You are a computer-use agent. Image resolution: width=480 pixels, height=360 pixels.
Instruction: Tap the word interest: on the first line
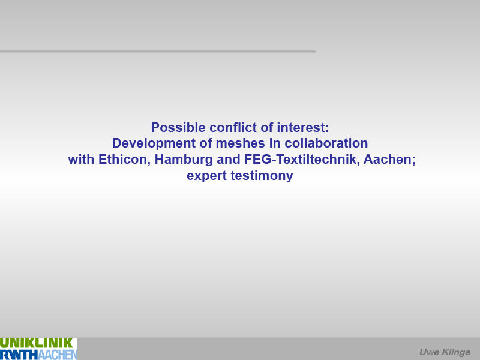tap(303, 127)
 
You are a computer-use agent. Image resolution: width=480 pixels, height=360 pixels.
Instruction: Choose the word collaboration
tap(326, 143)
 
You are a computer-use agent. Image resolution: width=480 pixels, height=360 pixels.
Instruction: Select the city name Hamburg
tap(184, 160)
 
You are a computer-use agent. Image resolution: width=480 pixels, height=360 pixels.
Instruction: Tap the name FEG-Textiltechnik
tap(302, 160)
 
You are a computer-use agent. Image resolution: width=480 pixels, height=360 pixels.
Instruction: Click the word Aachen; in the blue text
tap(389, 160)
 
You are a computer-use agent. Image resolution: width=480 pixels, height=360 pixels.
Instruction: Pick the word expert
tap(206, 176)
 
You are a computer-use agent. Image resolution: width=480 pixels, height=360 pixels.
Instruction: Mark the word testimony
tap(262, 176)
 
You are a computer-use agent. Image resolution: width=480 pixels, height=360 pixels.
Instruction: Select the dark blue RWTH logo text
tap(19, 355)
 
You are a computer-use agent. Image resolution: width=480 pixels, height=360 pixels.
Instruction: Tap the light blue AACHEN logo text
tap(58, 355)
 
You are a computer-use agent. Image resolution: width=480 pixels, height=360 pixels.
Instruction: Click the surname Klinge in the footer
tap(455, 352)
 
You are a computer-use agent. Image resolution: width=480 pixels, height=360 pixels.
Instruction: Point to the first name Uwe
tap(428, 352)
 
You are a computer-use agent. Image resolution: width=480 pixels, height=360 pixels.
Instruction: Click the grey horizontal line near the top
tap(158, 52)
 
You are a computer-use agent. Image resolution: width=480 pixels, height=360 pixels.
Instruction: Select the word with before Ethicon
tap(81, 160)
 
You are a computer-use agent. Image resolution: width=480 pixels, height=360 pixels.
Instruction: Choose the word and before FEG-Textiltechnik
tap(229, 160)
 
